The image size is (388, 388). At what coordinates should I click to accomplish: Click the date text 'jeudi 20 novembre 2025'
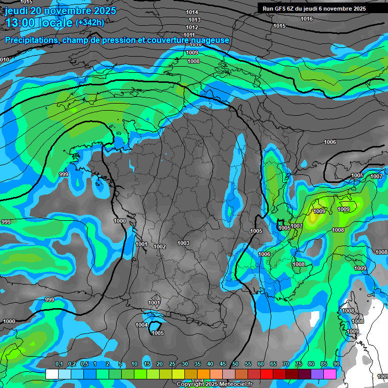click(60, 11)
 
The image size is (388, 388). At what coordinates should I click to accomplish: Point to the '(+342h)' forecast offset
click(90, 23)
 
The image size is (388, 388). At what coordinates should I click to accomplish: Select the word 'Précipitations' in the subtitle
click(31, 40)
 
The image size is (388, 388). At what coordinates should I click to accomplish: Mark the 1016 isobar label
click(306, 19)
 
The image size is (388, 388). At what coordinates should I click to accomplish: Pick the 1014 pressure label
click(192, 12)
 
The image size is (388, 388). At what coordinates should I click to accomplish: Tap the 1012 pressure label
click(192, 27)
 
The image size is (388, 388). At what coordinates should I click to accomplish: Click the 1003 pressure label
click(183, 244)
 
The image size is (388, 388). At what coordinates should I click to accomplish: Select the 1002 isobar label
click(160, 247)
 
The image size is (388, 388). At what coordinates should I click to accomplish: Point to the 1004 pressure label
click(142, 325)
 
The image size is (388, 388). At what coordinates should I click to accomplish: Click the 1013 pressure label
click(195, 20)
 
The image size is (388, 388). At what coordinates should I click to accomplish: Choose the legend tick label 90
click(336, 364)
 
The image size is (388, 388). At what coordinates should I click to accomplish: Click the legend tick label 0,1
click(59, 364)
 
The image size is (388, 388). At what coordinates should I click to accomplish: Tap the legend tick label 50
click(235, 364)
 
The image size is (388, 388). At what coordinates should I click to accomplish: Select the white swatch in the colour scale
click(52, 374)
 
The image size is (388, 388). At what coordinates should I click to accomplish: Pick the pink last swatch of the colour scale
click(330, 374)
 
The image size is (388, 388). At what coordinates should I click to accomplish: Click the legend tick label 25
click(172, 364)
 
